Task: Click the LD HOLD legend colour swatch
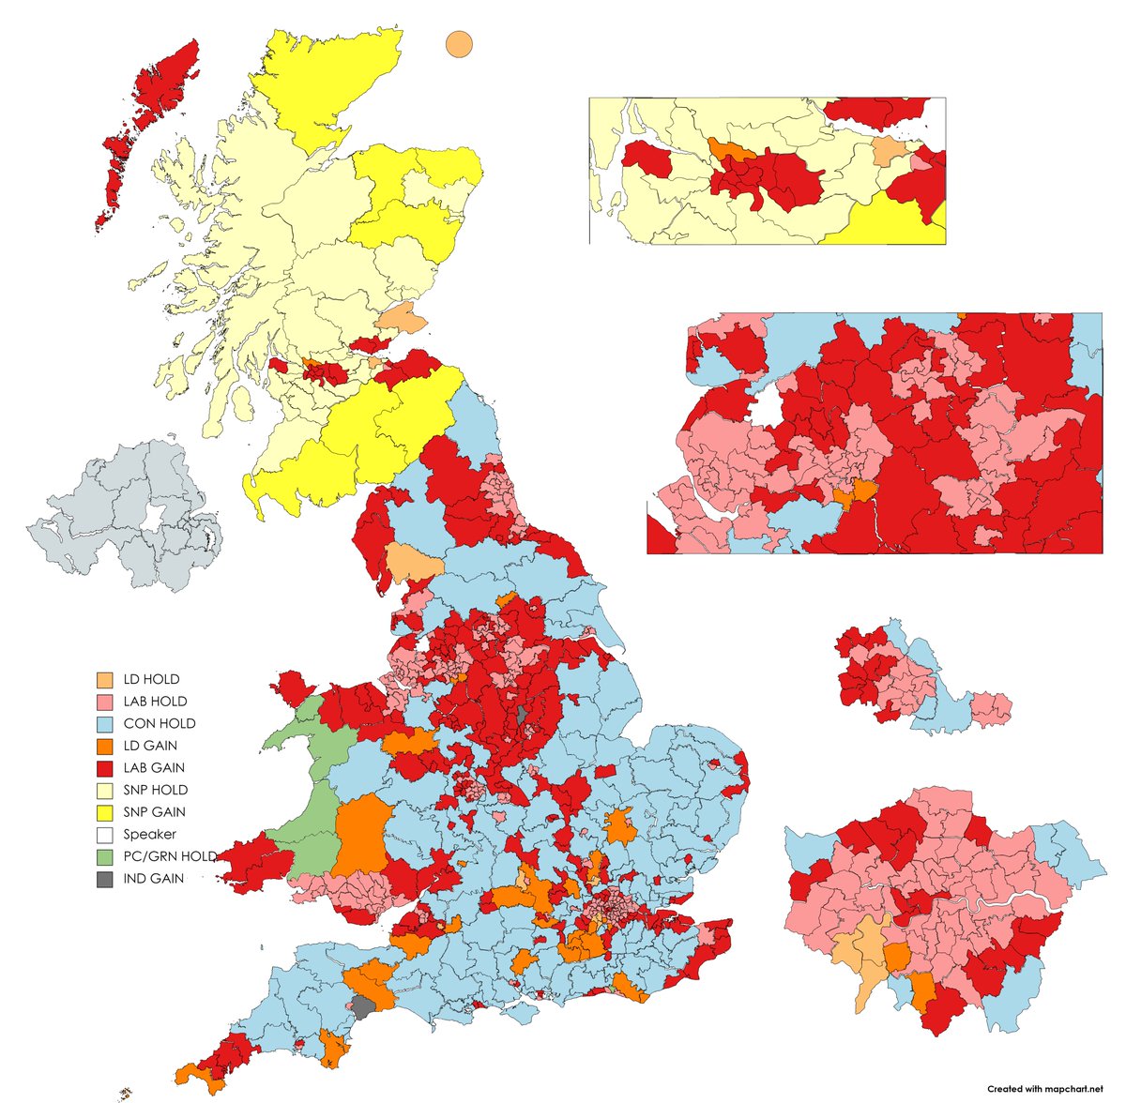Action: [x=104, y=679]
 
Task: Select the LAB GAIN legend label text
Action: [x=154, y=768]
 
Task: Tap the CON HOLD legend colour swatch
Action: [x=104, y=724]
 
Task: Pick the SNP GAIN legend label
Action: [x=154, y=812]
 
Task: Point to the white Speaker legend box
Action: [x=104, y=835]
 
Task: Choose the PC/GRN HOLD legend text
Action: [x=169, y=857]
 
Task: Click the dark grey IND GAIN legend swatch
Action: [x=104, y=880]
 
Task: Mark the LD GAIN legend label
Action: [x=150, y=746]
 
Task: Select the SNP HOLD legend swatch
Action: [x=104, y=791]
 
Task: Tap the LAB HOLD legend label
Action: [x=155, y=702]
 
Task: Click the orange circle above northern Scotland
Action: [x=458, y=43]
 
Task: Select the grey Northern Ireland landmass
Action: [x=122, y=511]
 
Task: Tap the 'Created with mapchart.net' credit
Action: [x=1043, y=1088]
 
